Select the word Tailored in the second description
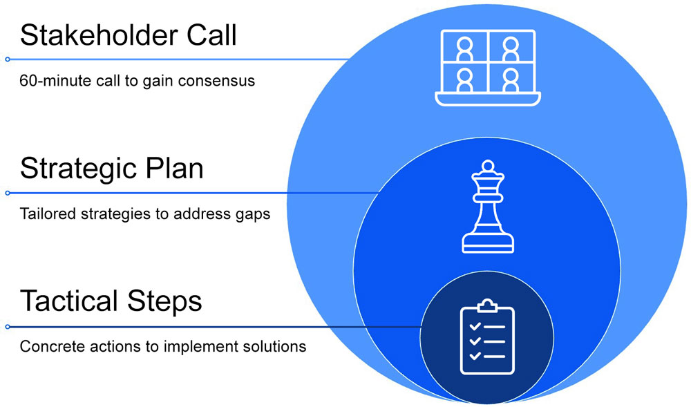(44, 214)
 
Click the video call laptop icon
(487, 68)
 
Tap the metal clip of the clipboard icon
(487, 305)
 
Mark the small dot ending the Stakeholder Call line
(8, 59)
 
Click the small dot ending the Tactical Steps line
(8, 326)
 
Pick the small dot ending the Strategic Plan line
(8, 193)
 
